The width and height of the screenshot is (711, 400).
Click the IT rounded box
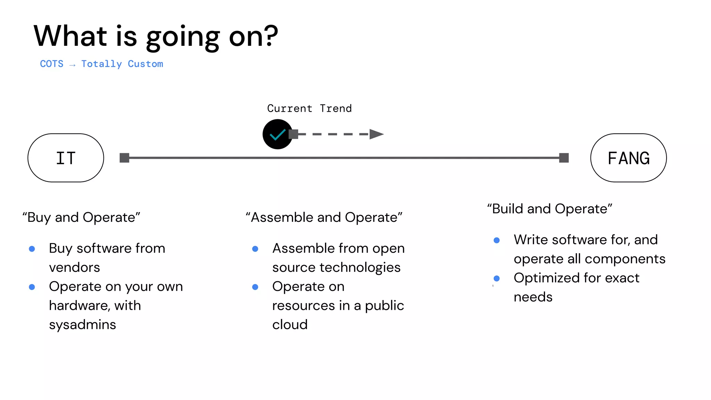[66, 158]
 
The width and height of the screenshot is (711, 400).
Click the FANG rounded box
[628, 158]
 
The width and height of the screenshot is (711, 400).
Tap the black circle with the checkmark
[277, 134]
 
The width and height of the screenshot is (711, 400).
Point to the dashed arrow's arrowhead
[376, 134]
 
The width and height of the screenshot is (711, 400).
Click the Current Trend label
[309, 108]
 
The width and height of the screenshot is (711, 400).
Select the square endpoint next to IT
[124, 158]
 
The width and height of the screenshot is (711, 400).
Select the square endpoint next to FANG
[564, 158]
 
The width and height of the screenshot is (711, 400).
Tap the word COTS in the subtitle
[52, 64]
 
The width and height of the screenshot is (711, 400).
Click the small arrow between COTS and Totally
[72, 65]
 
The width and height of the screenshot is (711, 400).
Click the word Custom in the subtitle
[145, 64]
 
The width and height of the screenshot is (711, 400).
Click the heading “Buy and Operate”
[81, 217]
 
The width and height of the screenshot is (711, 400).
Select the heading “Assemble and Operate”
[324, 217]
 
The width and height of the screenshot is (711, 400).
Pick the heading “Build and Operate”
[550, 209]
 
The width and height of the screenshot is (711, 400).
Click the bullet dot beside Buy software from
[32, 249]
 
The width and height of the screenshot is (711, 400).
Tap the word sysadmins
[82, 325]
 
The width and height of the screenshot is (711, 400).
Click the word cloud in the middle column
[290, 325]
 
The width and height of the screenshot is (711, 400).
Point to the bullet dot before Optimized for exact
[496, 278]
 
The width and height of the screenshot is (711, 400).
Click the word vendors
[74, 267]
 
